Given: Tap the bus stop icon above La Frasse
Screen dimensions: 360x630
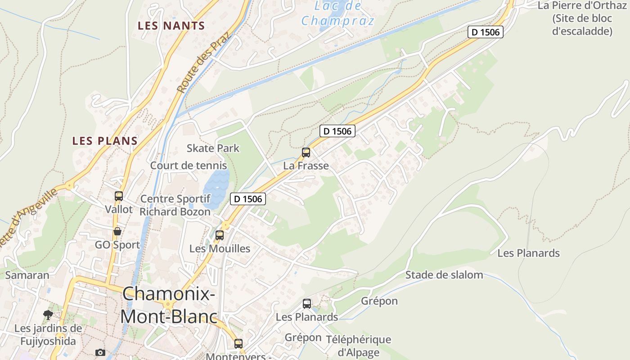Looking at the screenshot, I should [306, 153].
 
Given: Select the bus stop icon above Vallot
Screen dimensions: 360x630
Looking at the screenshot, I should [119, 196].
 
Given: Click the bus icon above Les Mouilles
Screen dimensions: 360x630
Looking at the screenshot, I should [220, 235].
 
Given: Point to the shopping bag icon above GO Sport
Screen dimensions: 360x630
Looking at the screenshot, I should [117, 231].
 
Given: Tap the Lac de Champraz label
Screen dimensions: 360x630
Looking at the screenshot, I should [338, 13].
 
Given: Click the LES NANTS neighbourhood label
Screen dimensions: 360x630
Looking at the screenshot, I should [171, 26].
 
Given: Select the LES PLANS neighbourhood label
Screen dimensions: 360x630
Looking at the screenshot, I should [105, 141].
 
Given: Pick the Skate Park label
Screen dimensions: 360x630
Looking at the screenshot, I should [213, 148].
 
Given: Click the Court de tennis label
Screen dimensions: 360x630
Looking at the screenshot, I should [188, 165].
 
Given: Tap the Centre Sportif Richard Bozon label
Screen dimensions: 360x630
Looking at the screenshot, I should [175, 205].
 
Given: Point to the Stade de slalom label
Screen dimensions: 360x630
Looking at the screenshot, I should [444, 274].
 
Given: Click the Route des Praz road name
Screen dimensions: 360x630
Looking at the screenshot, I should [203, 63].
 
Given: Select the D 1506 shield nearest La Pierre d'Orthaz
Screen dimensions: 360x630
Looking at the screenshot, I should [485, 32].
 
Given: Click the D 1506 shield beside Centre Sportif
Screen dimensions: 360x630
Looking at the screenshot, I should [248, 198].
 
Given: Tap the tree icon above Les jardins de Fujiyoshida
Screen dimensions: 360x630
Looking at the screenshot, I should [48, 315].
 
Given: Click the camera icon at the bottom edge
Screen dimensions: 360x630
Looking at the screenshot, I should [100, 352].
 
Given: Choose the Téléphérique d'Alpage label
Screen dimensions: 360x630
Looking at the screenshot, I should [358, 346].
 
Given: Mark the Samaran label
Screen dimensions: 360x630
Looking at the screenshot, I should [27, 275].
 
